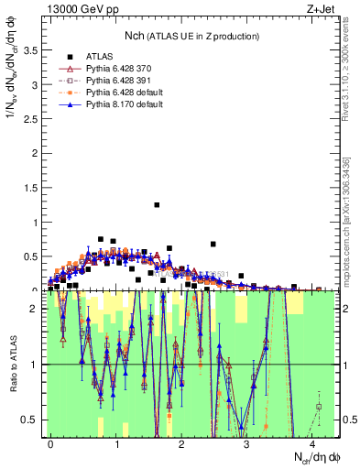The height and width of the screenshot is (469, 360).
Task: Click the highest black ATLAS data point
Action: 157,204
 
